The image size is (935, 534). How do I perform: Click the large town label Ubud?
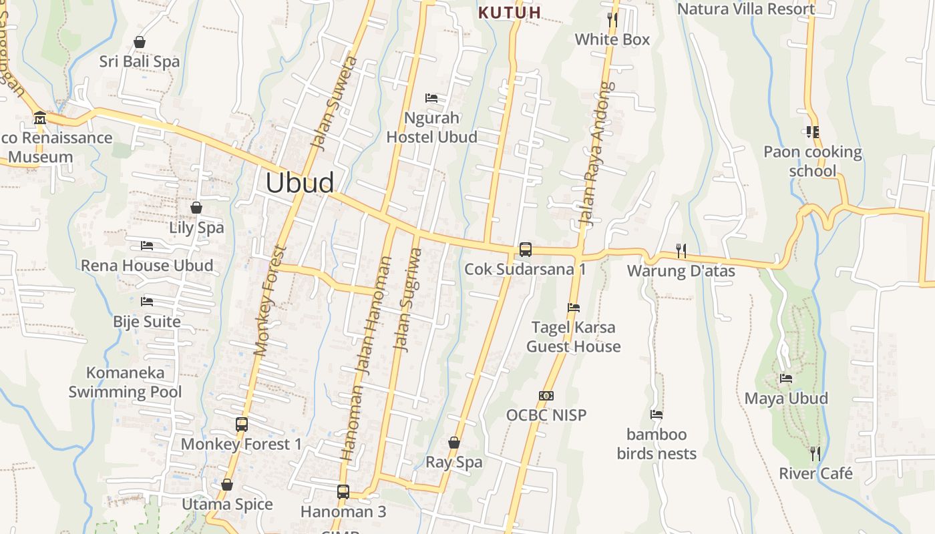pyautogui.click(x=300, y=183)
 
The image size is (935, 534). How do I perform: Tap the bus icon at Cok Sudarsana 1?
pyautogui.click(x=526, y=250)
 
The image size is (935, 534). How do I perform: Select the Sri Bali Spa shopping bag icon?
pyautogui.click(x=140, y=42)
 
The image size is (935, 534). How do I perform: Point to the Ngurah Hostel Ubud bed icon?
pyautogui.click(x=431, y=98)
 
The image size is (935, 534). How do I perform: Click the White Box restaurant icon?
pyautogui.click(x=612, y=19)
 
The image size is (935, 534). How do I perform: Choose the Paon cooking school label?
pyautogui.click(x=812, y=162)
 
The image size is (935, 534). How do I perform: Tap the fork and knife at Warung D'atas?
pyautogui.click(x=681, y=251)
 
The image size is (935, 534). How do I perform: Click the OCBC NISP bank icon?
pyautogui.click(x=546, y=396)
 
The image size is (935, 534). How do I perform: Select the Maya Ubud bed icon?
pyautogui.click(x=786, y=378)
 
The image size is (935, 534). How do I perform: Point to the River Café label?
pyautogui.click(x=815, y=474)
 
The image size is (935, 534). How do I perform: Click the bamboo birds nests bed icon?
pyautogui.click(x=657, y=415)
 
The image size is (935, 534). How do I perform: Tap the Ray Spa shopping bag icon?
pyautogui.click(x=454, y=443)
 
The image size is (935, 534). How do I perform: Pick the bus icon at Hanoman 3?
pyautogui.click(x=343, y=492)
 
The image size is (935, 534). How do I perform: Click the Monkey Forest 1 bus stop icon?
pyautogui.click(x=242, y=424)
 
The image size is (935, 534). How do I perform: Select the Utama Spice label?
pyautogui.click(x=227, y=505)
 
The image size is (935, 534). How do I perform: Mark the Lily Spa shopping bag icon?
pyautogui.click(x=196, y=208)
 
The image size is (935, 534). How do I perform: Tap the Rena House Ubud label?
pyautogui.click(x=147, y=266)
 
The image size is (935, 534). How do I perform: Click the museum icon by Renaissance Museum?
pyautogui.click(x=39, y=119)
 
